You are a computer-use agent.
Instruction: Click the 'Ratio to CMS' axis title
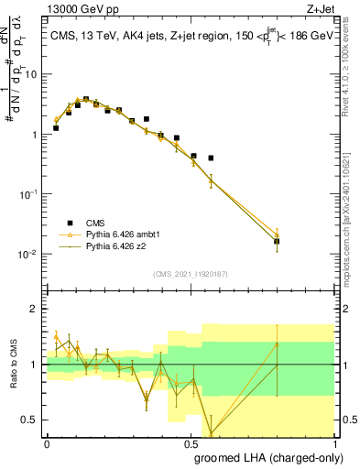point(14,365)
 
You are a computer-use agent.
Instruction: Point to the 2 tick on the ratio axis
point(35,309)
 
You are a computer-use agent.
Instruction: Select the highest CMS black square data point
point(86,99)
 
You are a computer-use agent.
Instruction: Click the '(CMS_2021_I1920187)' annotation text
point(190,272)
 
